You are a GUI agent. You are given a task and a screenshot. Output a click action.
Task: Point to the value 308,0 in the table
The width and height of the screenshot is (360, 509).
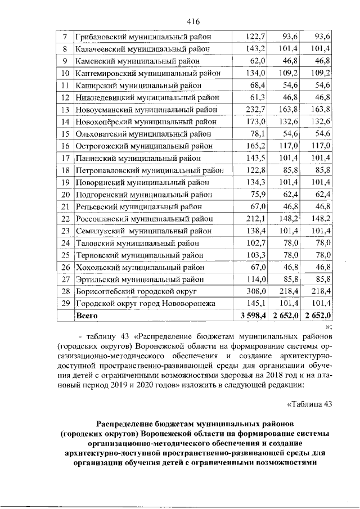(x=254, y=291)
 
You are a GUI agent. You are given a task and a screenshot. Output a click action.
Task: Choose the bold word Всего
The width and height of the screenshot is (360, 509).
(x=88, y=316)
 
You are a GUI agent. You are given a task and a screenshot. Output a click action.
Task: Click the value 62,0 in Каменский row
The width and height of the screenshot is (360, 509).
(x=256, y=61)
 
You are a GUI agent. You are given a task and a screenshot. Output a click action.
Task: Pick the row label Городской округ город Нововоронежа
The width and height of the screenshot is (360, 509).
(x=145, y=304)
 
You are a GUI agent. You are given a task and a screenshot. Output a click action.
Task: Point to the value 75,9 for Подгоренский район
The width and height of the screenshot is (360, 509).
(x=256, y=195)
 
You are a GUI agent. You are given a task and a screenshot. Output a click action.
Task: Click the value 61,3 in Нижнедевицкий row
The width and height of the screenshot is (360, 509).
(x=256, y=97)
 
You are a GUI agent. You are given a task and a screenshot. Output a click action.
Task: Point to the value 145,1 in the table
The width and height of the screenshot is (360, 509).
(x=254, y=304)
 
